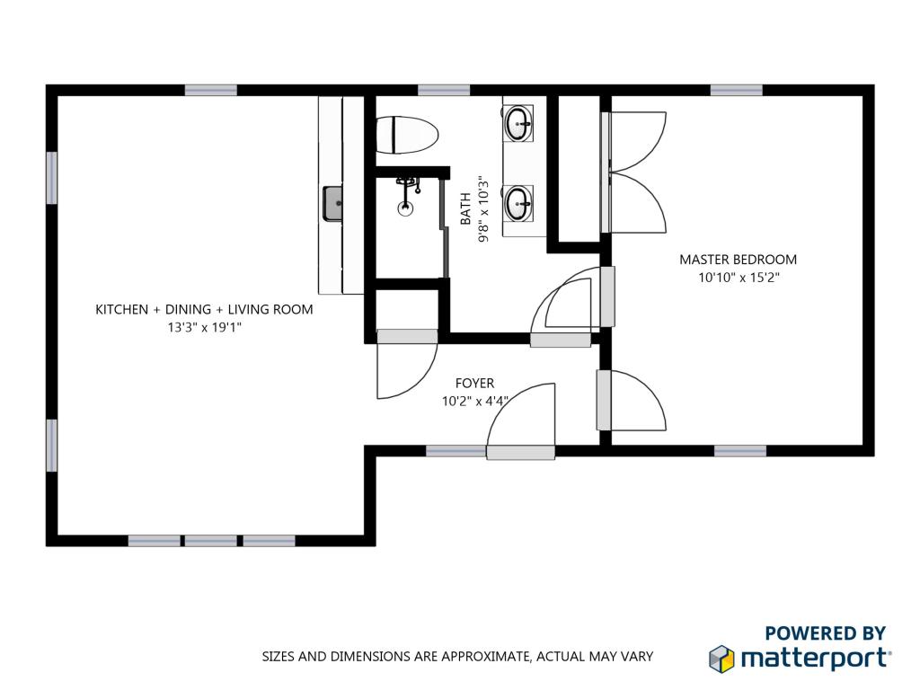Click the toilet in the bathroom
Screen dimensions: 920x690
coord(406,135)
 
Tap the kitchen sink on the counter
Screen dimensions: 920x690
coord(334,204)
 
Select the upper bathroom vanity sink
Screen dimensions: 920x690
coord(518,123)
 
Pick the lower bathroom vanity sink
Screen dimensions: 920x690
coord(518,203)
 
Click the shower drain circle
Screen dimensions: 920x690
coord(404,208)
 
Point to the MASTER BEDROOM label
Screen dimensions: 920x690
coord(739,260)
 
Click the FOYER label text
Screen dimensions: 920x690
coord(474,383)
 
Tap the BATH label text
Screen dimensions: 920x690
coord(465,208)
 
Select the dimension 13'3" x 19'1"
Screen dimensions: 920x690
coord(204,327)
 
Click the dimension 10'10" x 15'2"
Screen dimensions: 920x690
coord(739,278)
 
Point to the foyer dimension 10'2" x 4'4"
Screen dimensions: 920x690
coord(474,402)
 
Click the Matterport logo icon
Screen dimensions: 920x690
coord(721,659)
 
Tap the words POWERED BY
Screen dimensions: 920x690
coord(825,633)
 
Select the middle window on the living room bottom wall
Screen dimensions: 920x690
coord(210,540)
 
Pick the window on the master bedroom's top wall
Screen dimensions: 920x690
coord(737,91)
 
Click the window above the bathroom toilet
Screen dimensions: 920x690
coord(444,91)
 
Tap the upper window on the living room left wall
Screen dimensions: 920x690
coord(51,178)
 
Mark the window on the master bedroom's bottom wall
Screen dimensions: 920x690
coord(740,451)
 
